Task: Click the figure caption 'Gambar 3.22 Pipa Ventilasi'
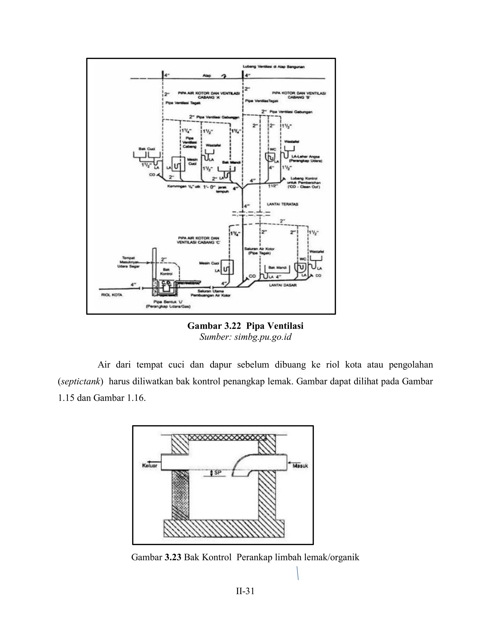(245, 326)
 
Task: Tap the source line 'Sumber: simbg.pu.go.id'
(245, 337)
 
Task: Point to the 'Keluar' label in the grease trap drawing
(150, 465)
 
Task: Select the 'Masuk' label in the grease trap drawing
(300, 466)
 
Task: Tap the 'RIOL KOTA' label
(112, 295)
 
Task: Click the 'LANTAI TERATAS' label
(282, 204)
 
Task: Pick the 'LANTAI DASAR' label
(283, 285)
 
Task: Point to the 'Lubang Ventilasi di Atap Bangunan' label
(274, 67)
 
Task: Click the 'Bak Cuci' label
(146, 149)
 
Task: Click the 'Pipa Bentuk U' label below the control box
(168, 304)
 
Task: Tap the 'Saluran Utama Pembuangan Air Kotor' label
(210, 293)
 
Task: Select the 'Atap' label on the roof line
(207, 76)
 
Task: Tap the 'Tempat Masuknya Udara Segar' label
(128, 262)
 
